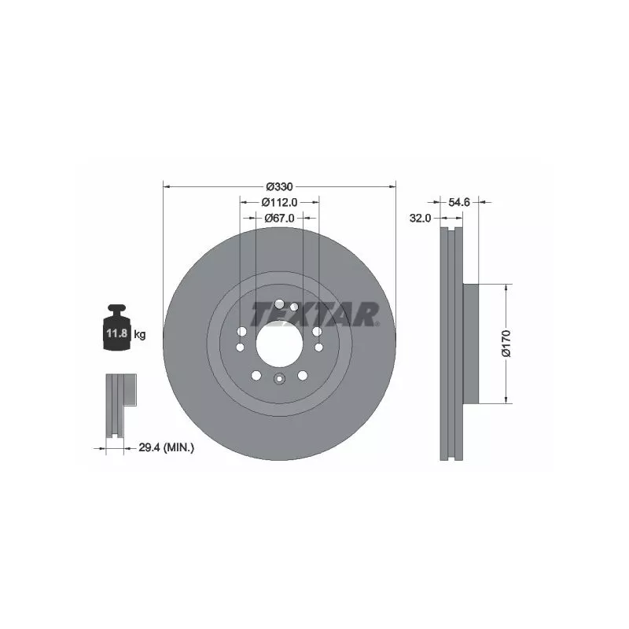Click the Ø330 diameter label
pos(280,186)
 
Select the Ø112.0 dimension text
pos(280,202)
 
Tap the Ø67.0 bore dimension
pos(280,219)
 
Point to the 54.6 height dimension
pos(459,202)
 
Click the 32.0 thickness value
pos(420,219)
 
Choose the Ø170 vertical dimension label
pos(506,344)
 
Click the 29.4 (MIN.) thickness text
pos(167,447)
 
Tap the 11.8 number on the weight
pos(116,333)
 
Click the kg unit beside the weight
pos(140,333)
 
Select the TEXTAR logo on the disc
pos(315,314)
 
